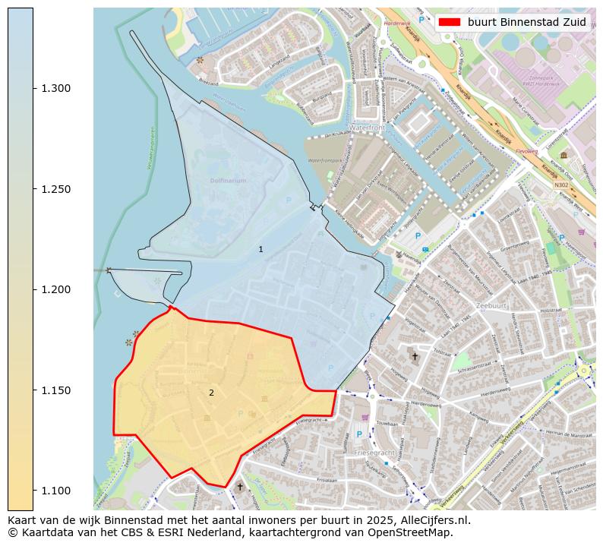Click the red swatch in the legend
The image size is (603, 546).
[x=450, y=23]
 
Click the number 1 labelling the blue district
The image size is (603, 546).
[x=260, y=249]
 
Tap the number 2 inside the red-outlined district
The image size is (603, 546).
[x=211, y=393]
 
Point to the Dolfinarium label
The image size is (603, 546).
[x=229, y=181]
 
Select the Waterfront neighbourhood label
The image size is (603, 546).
[x=369, y=128]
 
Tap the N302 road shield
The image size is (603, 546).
[x=561, y=185]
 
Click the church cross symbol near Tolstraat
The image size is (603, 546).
[x=415, y=355]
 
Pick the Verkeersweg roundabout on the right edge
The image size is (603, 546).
[x=584, y=371]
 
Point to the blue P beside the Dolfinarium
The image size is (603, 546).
[x=289, y=200]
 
